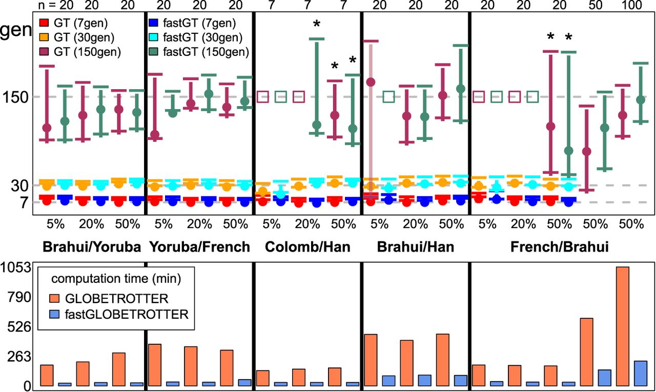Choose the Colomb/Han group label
[x=307, y=247]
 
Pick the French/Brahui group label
[x=560, y=247]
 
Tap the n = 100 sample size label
[x=630, y=5]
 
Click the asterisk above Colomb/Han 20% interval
[x=317, y=24]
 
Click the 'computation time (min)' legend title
[x=115, y=279]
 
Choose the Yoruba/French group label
[x=199, y=247]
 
